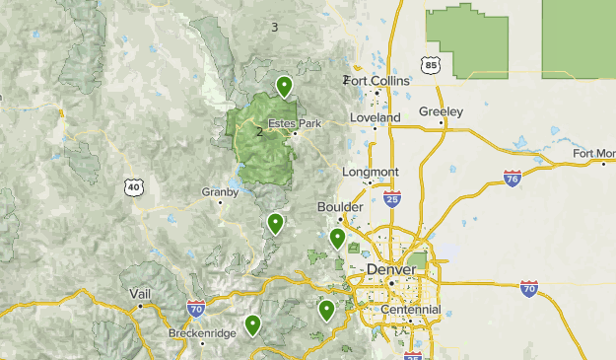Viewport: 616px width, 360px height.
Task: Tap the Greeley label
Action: click(x=441, y=111)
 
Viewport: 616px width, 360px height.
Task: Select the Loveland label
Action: click(x=376, y=117)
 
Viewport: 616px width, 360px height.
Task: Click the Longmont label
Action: click(x=370, y=172)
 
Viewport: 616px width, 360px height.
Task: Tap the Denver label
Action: click(x=390, y=269)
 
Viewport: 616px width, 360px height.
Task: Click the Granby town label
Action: click(x=220, y=191)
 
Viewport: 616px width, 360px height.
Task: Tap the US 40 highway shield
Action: click(x=134, y=185)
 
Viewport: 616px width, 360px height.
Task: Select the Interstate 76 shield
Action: click(x=512, y=179)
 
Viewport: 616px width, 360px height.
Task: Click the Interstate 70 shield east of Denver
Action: click(x=529, y=289)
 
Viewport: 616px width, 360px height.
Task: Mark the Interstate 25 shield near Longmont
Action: click(x=392, y=200)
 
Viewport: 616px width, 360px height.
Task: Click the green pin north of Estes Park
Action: click(x=285, y=87)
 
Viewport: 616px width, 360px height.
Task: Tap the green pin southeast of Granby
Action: click(x=275, y=224)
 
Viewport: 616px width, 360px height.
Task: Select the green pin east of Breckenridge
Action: click(x=253, y=324)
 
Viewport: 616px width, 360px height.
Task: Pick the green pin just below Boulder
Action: click(x=337, y=238)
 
